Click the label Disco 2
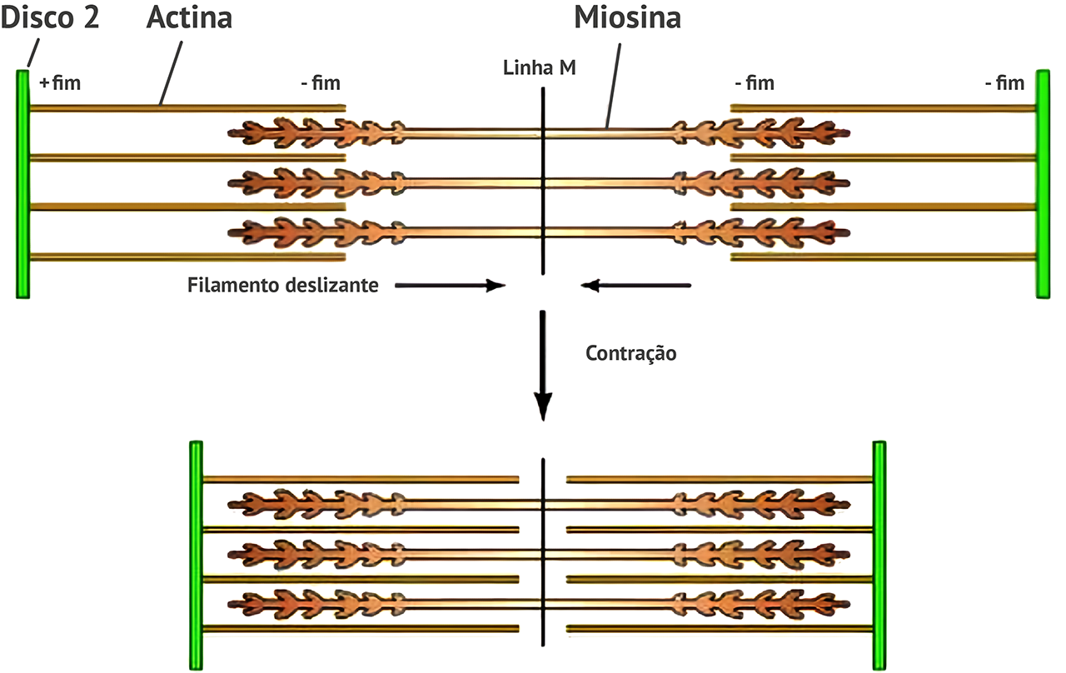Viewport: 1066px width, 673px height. tap(50, 17)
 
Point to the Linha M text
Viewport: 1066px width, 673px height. tap(539, 67)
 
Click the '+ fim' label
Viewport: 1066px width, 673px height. tap(60, 82)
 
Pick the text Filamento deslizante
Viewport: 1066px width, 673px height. tap(282, 286)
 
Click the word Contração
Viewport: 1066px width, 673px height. tap(631, 352)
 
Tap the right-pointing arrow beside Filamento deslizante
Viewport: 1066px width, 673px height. tap(450, 286)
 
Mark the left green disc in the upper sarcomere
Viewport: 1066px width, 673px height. tap(22, 184)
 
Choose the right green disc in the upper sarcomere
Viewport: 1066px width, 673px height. tap(1043, 184)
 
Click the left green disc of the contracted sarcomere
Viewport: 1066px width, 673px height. tap(196, 555)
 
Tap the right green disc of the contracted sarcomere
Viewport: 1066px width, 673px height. tap(879, 555)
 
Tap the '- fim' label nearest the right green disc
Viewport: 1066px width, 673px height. tap(1004, 82)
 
